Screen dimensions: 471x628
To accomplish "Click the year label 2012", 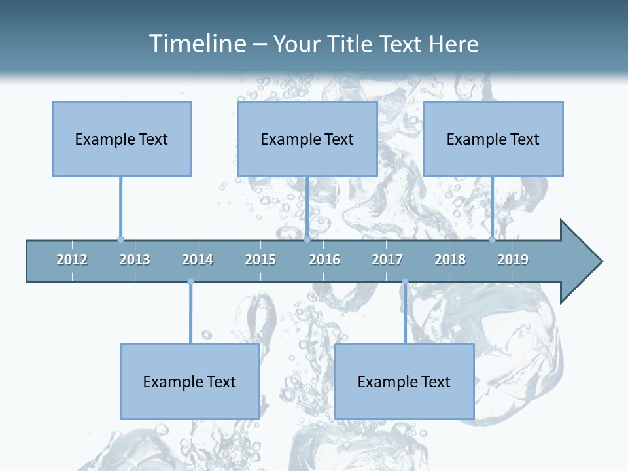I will [x=72, y=260].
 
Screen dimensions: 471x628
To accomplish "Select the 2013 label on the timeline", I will [x=135, y=260].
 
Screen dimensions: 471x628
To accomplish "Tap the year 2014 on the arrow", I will [x=198, y=260].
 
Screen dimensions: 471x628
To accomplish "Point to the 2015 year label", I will [x=260, y=260].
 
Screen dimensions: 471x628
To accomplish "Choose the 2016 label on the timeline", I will [x=324, y=260].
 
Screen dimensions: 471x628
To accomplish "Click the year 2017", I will [x=387, y=260].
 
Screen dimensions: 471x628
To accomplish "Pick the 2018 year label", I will [x=450, y=260].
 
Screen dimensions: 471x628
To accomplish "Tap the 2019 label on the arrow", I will [x=513, y=260].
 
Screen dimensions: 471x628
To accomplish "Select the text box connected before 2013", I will [x=122, y=139].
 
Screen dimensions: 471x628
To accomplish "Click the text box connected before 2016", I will [x=307, y=139].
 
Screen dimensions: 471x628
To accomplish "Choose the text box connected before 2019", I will [x=493, y=139].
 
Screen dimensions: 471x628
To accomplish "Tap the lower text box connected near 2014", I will [x=190, y=381].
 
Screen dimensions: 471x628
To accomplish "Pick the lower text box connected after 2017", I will [x=404, y=381].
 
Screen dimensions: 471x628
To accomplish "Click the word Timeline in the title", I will [x=197, y=44].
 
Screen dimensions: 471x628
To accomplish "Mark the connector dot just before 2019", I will [x=493, y=239].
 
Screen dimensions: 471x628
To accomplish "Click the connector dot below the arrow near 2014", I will [x=190, y=281].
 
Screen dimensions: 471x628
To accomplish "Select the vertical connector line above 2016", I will [x=307, y=206].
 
